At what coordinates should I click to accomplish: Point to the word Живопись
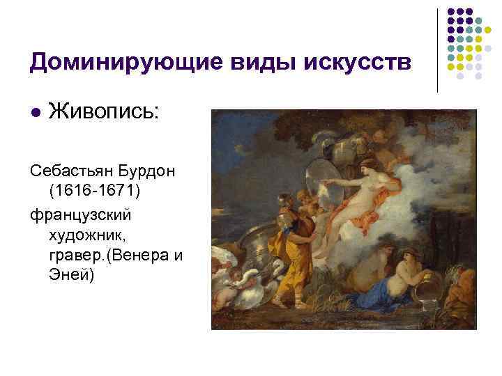[x=105, y=111]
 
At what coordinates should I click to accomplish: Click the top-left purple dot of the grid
[x=451, y=12]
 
